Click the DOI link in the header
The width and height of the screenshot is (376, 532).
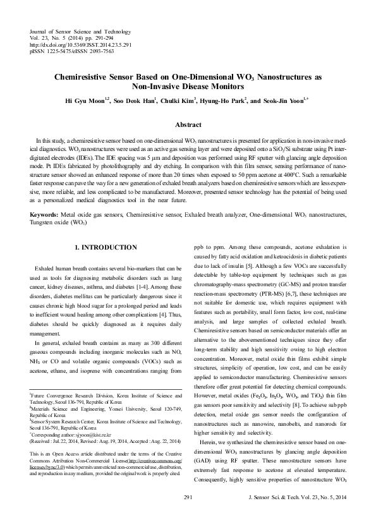pyautogui.click(x=80, y=46)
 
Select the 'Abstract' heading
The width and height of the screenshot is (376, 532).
pyautogui.click(x=188, y=125)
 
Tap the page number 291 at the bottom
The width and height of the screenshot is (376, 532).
pyautogui.click(x=188, y=516)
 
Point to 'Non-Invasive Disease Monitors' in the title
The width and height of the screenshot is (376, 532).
pyautogui.click(x=188, y=86)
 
